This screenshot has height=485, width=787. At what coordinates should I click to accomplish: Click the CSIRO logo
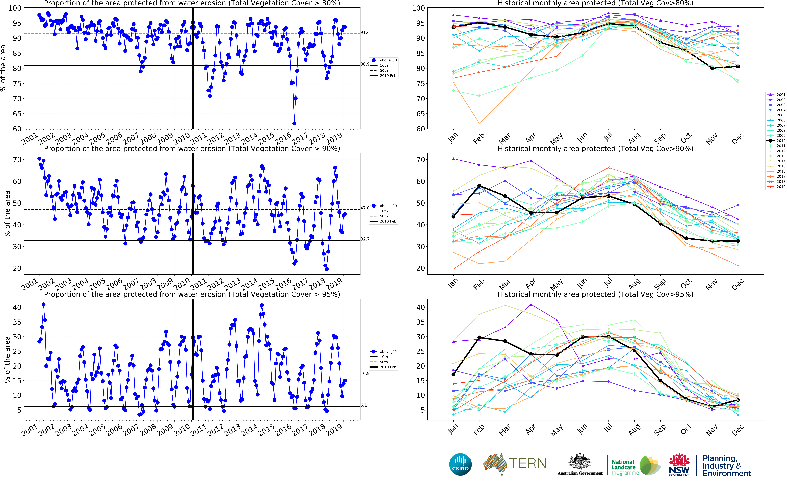[460, 464]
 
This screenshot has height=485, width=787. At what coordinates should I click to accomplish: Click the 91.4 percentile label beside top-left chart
[365, 32]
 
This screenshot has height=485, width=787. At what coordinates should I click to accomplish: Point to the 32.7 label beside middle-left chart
[365, 239]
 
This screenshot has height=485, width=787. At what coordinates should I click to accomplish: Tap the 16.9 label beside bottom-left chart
[365, 373]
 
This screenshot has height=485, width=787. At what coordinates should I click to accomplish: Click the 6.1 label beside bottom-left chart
[364, 405]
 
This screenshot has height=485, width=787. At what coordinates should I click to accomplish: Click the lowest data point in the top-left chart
[294, 123]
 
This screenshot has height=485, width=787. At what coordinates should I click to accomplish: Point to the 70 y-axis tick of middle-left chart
[17, 159]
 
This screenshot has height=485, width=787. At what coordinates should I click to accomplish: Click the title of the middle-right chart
[595, 149]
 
